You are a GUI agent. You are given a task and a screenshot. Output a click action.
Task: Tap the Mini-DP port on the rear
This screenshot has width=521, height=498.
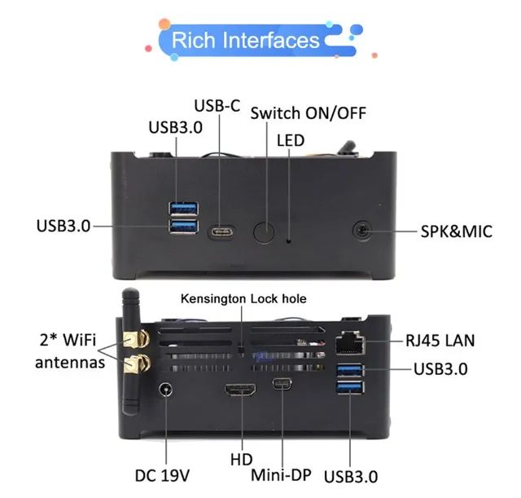coord(282,386)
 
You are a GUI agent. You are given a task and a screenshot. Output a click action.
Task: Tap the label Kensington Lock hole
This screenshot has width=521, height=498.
coord(243,299)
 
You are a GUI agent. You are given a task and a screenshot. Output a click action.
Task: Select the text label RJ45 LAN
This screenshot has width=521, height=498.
coord(440,341)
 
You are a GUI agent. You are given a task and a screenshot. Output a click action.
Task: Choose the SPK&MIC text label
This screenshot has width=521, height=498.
coord(456,231)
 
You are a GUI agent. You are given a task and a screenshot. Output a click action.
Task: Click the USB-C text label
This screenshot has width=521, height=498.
coord(217,106)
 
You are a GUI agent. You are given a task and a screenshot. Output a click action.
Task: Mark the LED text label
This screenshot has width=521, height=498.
coord(290,140)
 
